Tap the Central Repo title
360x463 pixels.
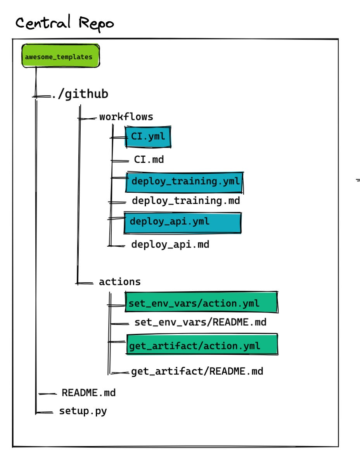click(x=65, y=24)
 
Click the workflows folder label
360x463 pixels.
click(x=126, y=117)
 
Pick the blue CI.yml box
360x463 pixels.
click(x=148, y=137)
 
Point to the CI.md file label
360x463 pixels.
click(x=149, y=160)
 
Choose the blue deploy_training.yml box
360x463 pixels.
click(x=184, y=181)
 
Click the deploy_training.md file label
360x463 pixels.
click(x=186, y=201)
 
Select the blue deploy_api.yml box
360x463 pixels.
click(x=182, y=222)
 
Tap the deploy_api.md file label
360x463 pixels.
click(x=170, y=245)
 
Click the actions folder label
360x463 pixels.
click(x=120, y=282)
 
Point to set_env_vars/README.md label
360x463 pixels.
click(x=200, y=322)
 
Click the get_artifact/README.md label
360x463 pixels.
click(x=197, y=371)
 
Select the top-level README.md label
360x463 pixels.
click(x=88, y=393)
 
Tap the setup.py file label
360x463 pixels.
click(x=83, y=411)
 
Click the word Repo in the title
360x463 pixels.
click(x=96, y=24)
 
